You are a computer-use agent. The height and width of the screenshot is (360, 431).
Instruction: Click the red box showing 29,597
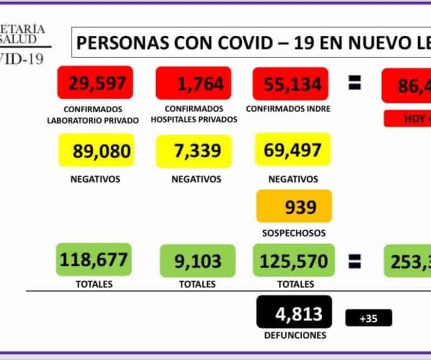click(x=95, y=83)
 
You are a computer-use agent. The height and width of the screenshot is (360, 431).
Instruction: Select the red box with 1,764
click(x=193, y=83)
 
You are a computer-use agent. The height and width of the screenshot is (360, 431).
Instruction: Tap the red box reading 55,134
click(x=291, y=83)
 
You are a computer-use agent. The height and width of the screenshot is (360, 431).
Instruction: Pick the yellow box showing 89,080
click(x=96, y=150)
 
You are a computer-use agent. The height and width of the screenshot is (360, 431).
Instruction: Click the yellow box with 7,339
click(x=194, y=150)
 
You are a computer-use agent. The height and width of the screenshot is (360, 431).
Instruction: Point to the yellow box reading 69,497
click(x=293, y=149)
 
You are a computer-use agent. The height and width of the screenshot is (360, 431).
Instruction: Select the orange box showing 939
click(x=294, y=206)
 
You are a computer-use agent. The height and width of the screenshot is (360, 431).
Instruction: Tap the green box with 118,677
click(x=93, y=259)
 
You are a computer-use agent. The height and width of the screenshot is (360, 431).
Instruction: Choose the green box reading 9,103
click(x=197, y=261)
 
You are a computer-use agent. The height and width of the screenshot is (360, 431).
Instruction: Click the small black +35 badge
click(x=369, y=318)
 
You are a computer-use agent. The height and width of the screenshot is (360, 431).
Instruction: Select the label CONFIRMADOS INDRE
click(x=288, y=109)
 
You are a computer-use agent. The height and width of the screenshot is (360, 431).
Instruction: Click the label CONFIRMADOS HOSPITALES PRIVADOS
click(x=194, y=114)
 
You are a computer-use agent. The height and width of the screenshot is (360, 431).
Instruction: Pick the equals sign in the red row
click(x=355, y=84)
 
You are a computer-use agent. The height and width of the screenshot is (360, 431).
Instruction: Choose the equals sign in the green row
click(x=355, y=262)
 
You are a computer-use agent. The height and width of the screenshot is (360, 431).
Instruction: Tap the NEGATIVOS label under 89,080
click(x=95, y=179)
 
